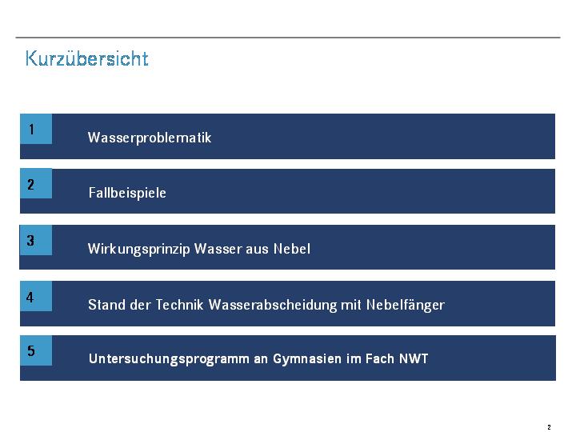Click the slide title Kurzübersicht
click(87, 58)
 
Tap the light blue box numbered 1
click(36, 129)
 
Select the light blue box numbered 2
click(36, 183)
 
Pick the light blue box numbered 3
click(36, 240)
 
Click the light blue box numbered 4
click(36, 296)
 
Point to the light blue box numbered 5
click(36, 350)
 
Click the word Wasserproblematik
click(150, 138)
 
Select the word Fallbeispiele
click(127, 193)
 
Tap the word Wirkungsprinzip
click(139, 249)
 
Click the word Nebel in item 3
click(292, 249)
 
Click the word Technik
click(180, 305)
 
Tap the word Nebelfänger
click(406, 305)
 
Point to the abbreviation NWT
click(414, 358)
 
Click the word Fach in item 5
click(380, 358)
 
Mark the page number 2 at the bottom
click(549, 427)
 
